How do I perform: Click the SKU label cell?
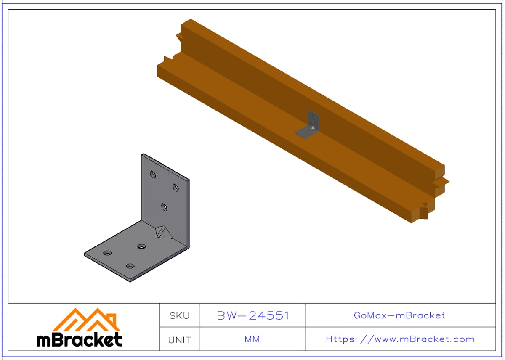pos(179,315)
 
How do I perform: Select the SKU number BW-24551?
pos(253,315)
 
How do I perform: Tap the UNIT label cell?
pos(179,339)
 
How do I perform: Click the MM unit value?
pos(252,339)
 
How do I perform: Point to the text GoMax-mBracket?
pos(399,315)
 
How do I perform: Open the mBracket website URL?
pos(400,339)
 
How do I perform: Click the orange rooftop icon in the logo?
pos(86,320)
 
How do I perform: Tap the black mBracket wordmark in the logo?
pos(80,339)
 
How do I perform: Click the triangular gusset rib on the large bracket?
pos(163,232)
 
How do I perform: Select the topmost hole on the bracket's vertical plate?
pos(153,175)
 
